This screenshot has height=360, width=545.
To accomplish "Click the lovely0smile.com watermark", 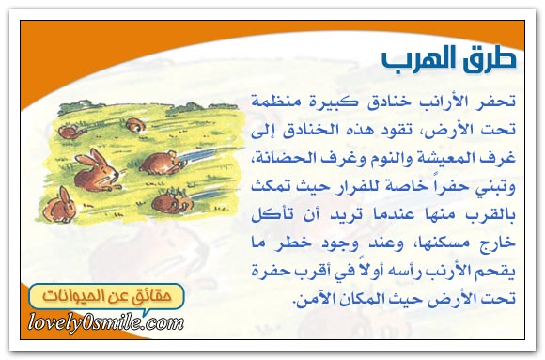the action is coord(106,323).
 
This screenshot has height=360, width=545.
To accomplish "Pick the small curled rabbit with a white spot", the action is coord(135,125).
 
